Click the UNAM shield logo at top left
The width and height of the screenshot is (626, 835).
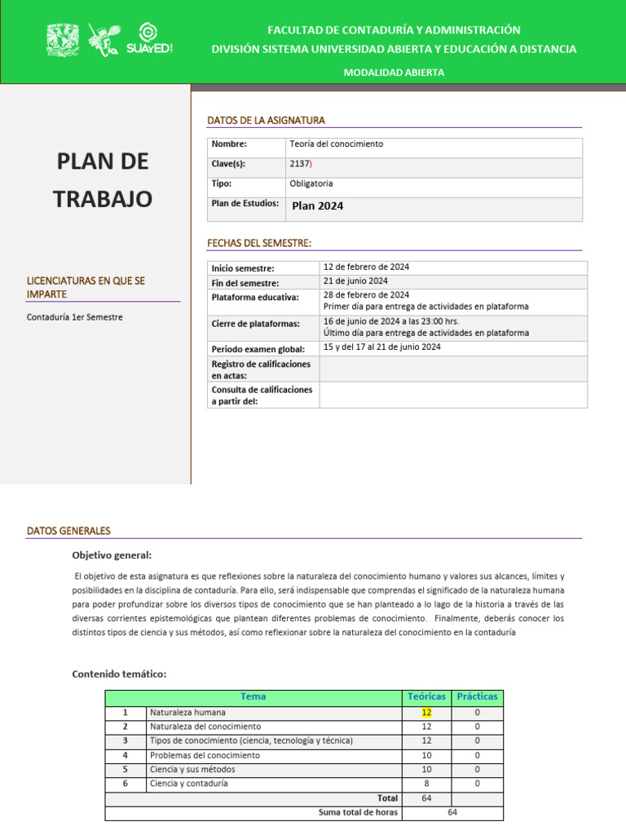point(61,40)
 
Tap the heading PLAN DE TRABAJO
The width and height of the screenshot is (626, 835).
point(103,179)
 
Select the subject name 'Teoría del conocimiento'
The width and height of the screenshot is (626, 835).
point(336,144)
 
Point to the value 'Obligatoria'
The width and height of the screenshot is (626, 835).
point(311,184)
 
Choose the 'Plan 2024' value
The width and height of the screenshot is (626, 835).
point(318,206)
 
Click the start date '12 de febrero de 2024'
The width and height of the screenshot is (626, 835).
point(366,267)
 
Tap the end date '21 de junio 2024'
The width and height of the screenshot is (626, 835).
point(355,281)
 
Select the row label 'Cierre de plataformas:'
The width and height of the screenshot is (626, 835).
point(255,324)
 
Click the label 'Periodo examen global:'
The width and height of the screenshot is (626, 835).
point(258,349)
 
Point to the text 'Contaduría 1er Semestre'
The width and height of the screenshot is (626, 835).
point(75,317)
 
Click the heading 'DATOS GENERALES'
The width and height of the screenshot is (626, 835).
point(68,531)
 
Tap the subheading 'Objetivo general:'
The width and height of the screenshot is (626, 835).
point(112,555)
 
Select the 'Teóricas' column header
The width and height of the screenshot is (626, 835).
point(426,697)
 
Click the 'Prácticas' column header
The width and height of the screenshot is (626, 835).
point(477,697)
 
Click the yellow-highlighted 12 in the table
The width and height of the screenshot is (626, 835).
point(426,713)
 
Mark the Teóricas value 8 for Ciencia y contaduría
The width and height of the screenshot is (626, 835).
point(426,784)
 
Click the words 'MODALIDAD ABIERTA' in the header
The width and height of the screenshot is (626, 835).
point(394,73)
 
